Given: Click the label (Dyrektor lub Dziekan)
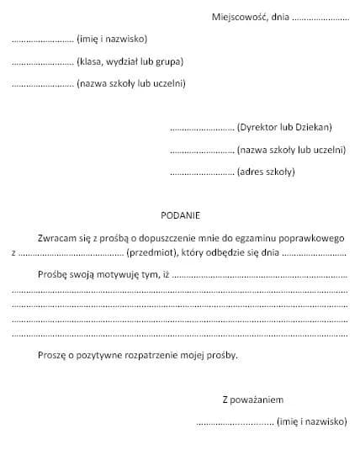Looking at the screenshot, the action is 285,127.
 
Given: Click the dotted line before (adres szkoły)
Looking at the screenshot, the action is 202,173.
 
